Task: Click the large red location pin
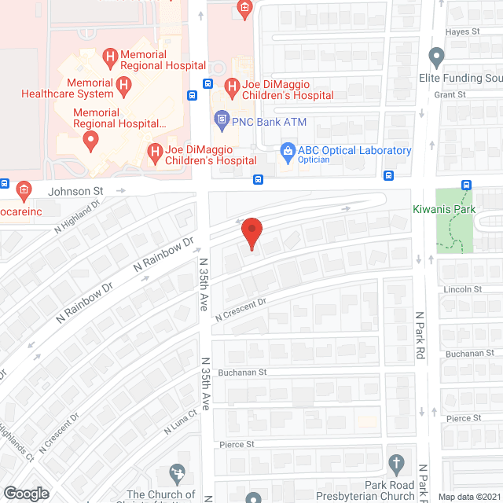(251, 233)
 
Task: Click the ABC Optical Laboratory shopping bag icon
(288, 150)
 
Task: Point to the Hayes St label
(463, 31)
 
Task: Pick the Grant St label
(451, 94)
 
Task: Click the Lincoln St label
(462, 289)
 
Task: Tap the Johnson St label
(76, 190)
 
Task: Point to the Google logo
(25, 494)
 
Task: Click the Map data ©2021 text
(468, 496)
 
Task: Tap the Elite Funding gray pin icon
(437, 57)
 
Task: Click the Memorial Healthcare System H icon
(123, 83)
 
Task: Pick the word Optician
(314, 160)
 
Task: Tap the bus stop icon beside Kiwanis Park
(467, 185)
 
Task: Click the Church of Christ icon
(178, 474)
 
